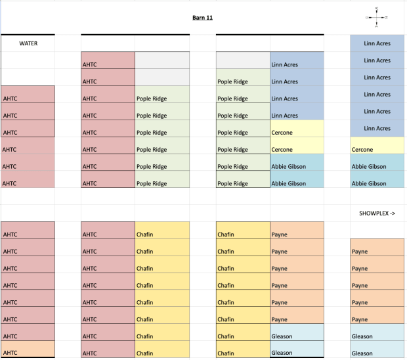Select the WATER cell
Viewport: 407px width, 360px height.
(28, 43)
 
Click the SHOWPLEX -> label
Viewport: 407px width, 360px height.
(377, 214)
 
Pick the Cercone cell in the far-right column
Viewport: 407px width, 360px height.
(377, 149)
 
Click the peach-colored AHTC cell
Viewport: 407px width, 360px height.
(28, 353)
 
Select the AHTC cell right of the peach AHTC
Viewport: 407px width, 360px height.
(108, 353)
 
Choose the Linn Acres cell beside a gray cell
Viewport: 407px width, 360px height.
(297, 64)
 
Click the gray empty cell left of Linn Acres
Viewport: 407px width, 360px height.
(243, 61)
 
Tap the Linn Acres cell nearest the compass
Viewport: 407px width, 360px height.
(377, 43)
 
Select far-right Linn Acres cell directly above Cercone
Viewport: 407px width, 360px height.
(377, 128)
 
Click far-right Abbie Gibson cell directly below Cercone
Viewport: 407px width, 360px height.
(377, 166)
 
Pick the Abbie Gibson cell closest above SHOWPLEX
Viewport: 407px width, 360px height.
(377, 183)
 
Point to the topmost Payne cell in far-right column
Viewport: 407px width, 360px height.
(377, 252)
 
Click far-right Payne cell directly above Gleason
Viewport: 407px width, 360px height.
(377, 320)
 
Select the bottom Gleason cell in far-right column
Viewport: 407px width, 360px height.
(377, 353)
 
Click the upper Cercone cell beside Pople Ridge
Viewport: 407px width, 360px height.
(297, 132)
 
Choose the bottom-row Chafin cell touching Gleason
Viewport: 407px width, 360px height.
(243, 353)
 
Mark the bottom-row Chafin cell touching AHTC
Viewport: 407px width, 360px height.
(162, 353)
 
